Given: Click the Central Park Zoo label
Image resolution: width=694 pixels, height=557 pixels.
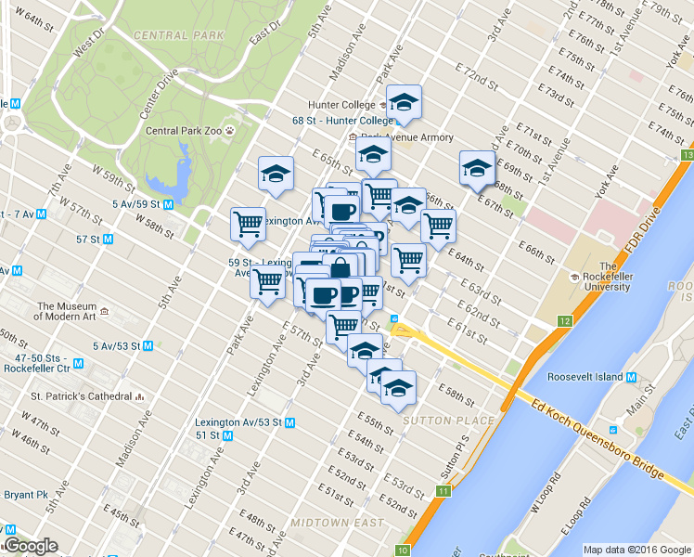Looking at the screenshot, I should pyautogui.click(x=183, y=132).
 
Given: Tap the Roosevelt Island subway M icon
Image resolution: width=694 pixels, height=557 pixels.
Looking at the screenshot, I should pyautogui.click(x=631, y=378).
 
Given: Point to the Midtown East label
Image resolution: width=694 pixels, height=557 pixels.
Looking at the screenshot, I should pyautogui.click(x=337, y=523).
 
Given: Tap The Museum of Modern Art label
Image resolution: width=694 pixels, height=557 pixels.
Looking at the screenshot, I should pyautogui.click(x=67, y=312).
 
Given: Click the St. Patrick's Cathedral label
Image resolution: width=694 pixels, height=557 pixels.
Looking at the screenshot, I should pyautogui.click(x=82, y=396).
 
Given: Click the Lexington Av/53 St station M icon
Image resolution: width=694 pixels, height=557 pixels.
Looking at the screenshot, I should pyautogui.click(x=289, y=422).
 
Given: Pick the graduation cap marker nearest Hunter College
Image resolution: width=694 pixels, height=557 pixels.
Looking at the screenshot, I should pyautogui.click(x=404, y=103).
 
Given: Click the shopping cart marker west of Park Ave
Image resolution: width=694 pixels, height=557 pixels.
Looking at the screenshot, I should pyautogui.click(x=247, y=224).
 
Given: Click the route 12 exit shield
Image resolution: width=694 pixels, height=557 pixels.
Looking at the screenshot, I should pyautogui.click(x=564, y=321).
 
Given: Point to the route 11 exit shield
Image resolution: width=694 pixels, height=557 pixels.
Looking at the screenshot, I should pyautogui.click(x=444, y=491).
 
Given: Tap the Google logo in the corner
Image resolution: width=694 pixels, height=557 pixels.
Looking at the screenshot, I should pyautogui.click(x=30, y=546).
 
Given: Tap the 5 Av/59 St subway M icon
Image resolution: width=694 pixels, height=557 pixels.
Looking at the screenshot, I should pyautogui.click(x=168, y=203).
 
